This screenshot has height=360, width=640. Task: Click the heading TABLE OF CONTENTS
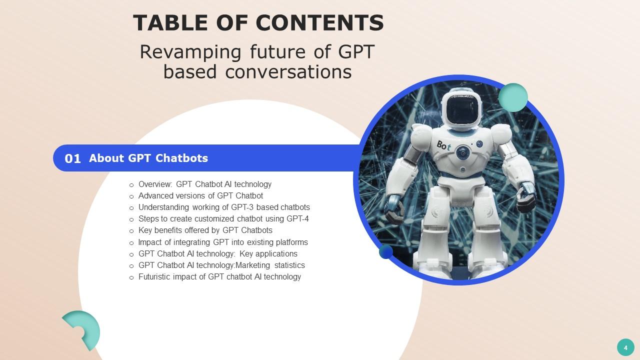click(258, 23)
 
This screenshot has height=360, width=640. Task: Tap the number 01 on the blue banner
click(72, 158)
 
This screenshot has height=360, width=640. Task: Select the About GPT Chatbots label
click(148, 158)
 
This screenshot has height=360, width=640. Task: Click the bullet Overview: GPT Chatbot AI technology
click(204, 184)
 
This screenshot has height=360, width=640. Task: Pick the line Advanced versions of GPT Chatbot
click(200, 195)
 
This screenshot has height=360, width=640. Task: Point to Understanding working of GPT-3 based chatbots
click(224, 207)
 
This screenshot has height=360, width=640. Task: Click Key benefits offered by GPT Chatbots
click(205, 230)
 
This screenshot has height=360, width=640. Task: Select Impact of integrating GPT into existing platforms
click(223, 242)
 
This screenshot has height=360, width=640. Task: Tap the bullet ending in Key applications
click(217, 253)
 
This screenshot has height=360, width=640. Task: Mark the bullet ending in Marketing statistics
click(221, 265)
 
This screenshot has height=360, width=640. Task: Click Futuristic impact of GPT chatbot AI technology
click(219, 276)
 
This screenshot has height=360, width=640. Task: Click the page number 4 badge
click(625, 347)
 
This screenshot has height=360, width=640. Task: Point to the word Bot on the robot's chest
click(443, 145)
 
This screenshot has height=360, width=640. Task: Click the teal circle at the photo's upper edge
click(513, 97)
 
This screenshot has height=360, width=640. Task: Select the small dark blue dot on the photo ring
click(385, 251)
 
